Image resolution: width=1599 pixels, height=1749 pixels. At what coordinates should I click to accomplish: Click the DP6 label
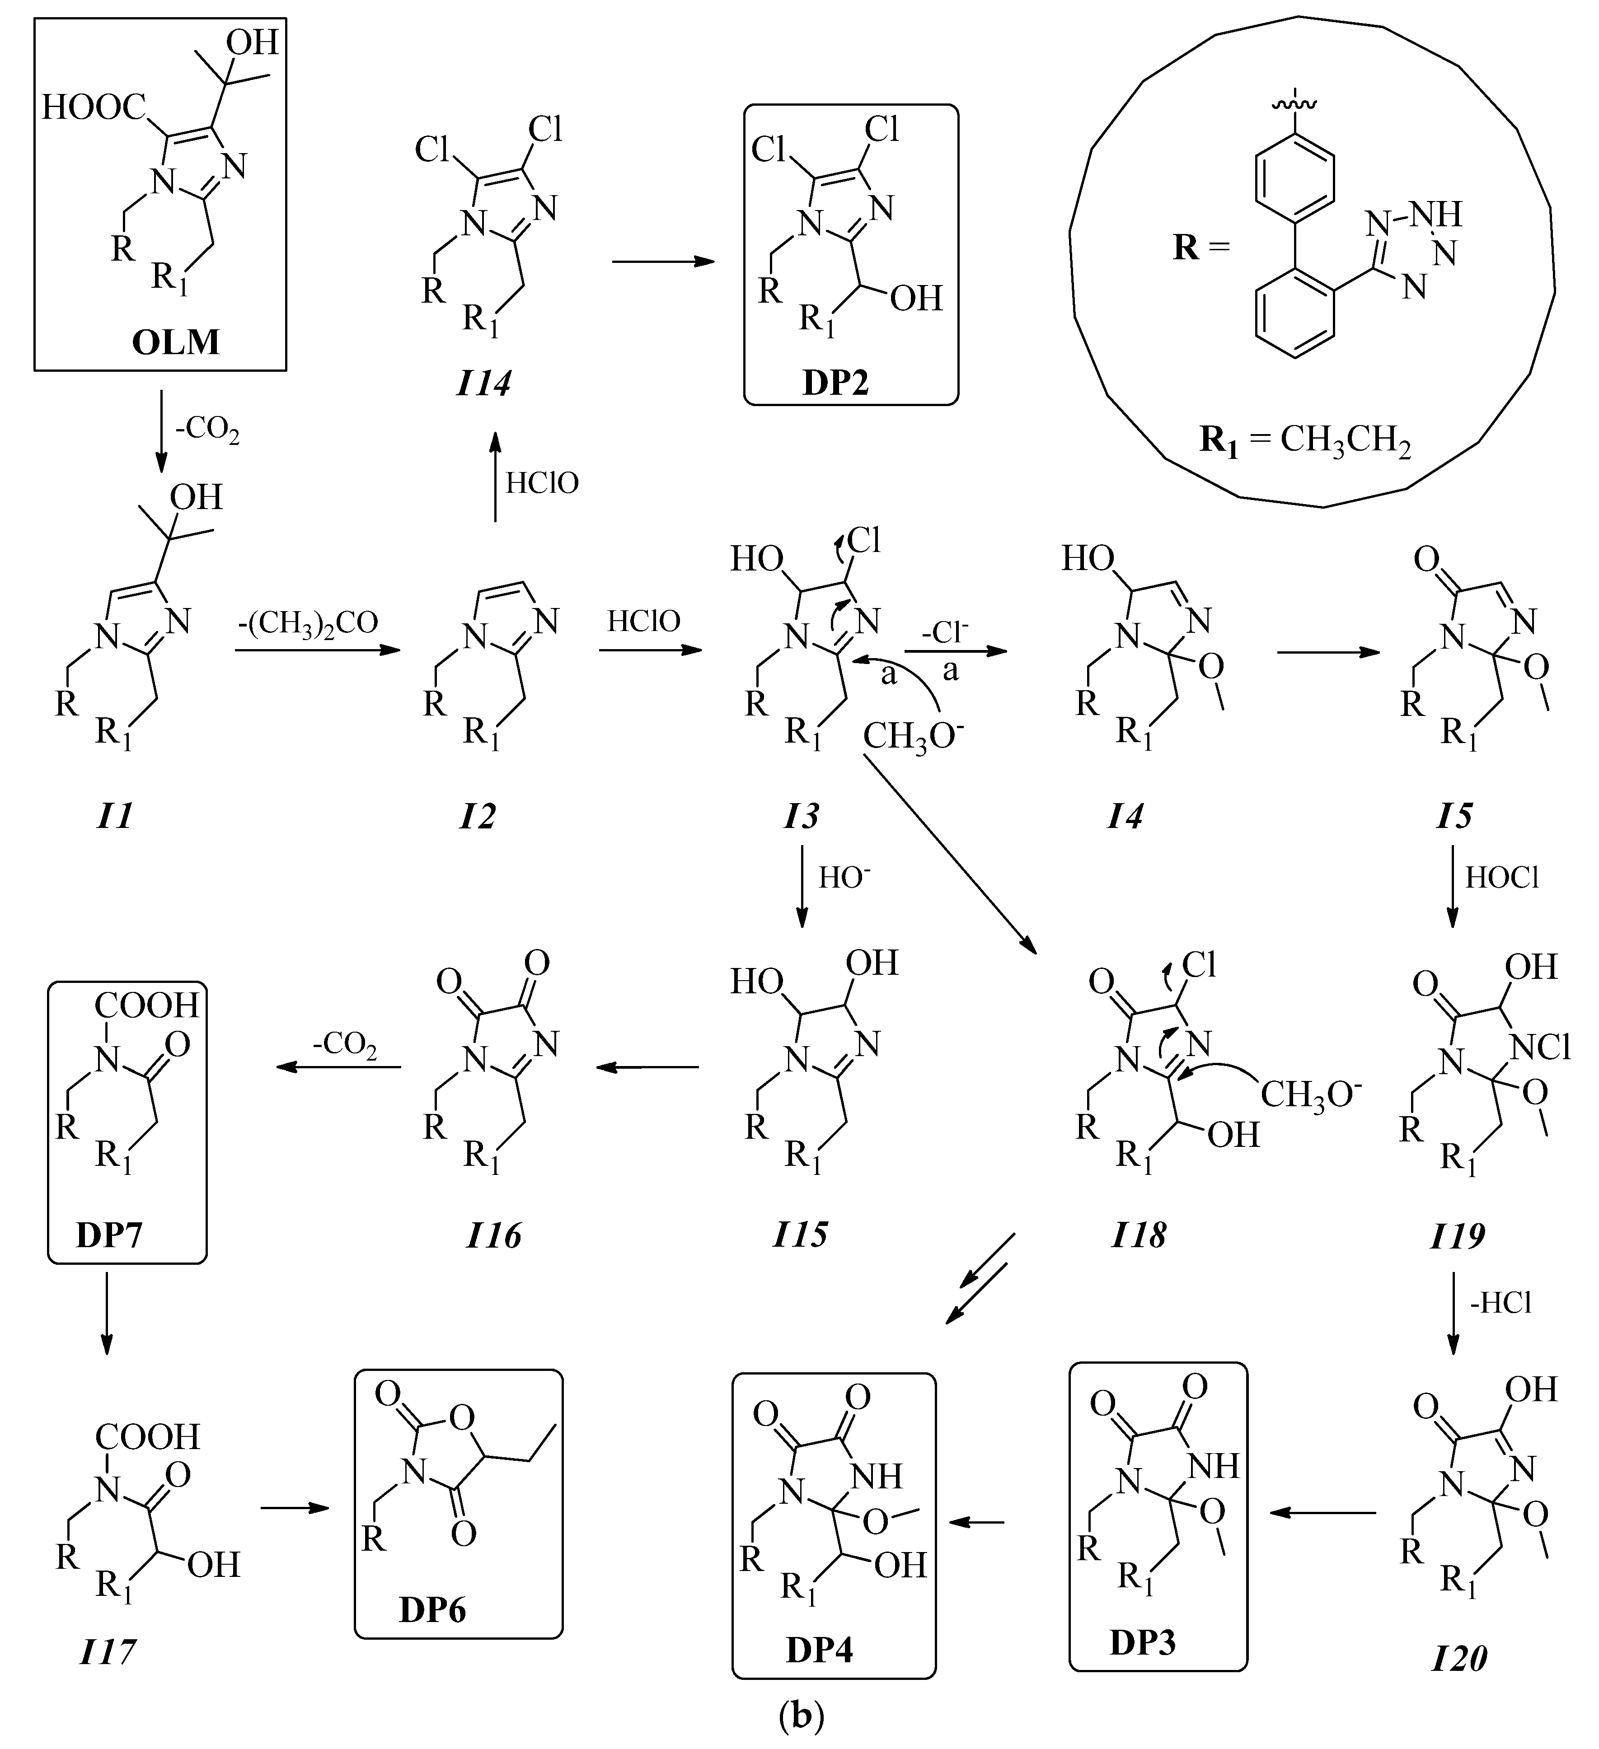coord(432,1609)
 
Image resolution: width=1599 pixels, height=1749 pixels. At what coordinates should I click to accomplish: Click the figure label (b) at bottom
coord(800,1715)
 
